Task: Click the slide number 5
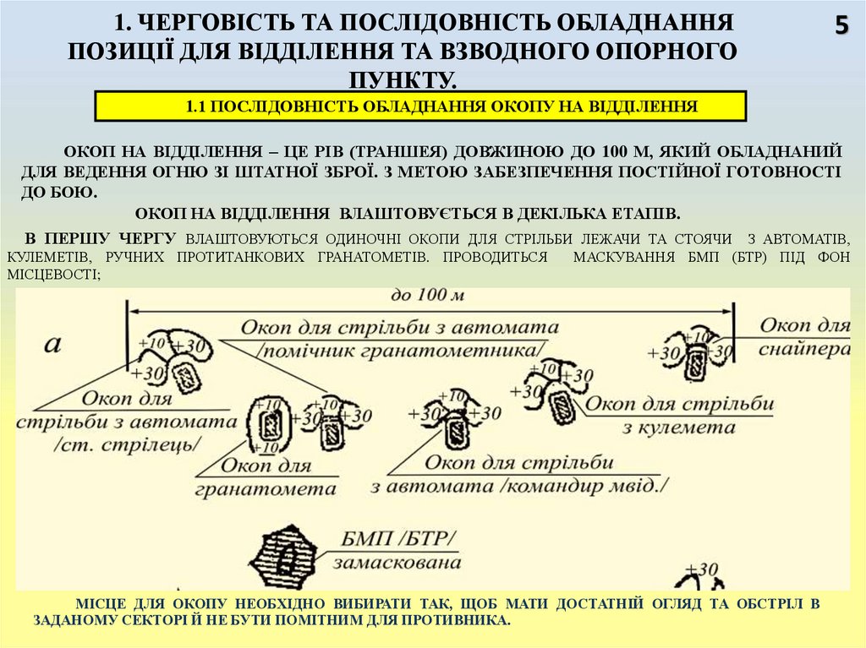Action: [841, 26]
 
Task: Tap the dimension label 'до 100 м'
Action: [428, 297]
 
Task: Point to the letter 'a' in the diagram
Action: [53, 343]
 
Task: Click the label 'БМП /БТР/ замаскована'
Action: [398, 550]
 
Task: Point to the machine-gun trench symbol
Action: [560, 404]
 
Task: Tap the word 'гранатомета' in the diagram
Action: [266, 488]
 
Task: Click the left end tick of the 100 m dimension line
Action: [128, 321]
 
